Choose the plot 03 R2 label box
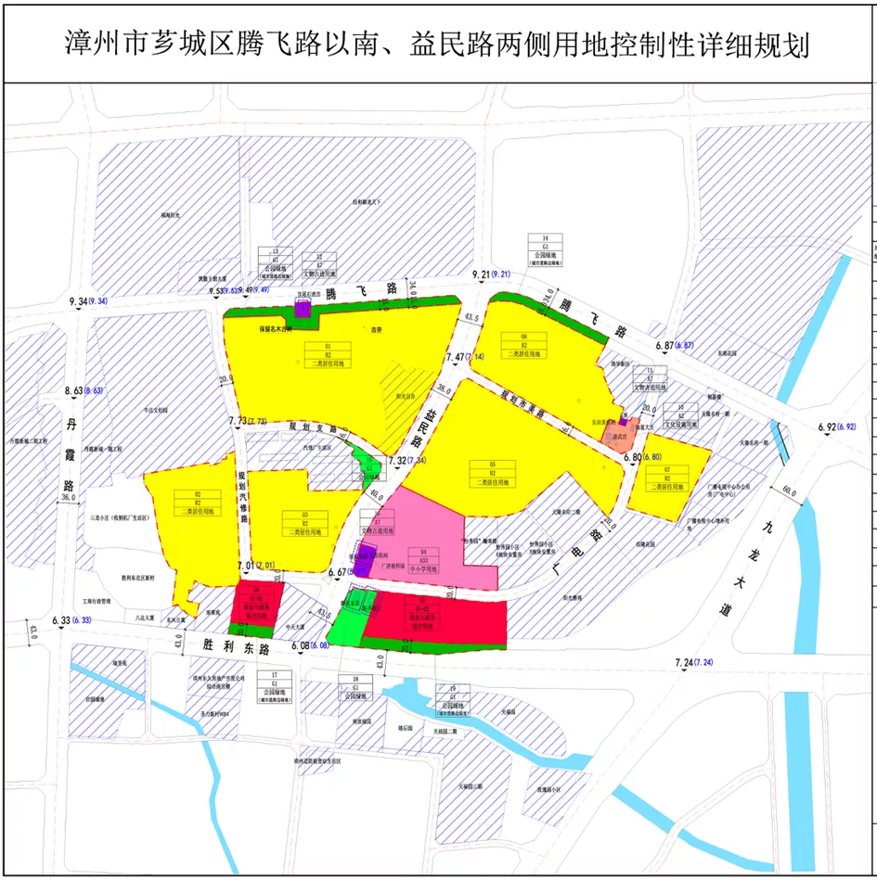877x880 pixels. (x=305, y=523)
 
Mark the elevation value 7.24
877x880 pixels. (x=688, y=662)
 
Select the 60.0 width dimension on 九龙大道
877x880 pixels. (x=790, y=491)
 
